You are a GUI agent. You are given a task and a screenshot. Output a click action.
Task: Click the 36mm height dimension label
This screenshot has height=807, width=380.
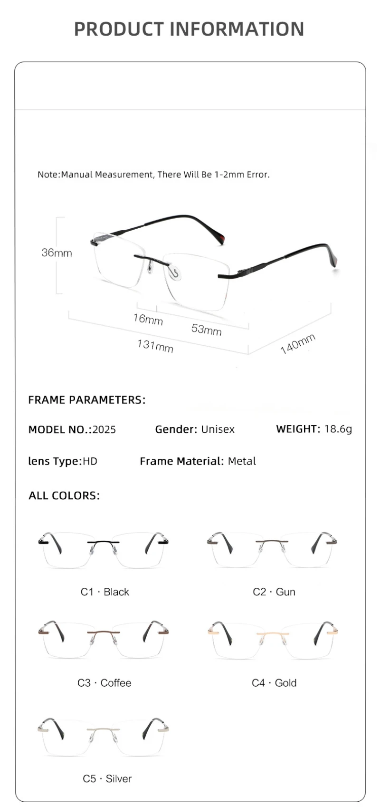click(57, 253)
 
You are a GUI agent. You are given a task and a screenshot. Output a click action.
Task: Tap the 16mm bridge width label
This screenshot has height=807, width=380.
click(148, 319)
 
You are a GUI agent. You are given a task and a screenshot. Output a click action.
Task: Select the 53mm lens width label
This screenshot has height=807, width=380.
click(206, 329)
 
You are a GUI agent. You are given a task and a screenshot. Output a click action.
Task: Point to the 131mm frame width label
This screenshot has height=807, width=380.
click(155, 346)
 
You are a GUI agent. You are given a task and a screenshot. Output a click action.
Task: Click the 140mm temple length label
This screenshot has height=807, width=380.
click(298, 344)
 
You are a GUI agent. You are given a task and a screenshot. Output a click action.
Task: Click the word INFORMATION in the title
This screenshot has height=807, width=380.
click(237, 29)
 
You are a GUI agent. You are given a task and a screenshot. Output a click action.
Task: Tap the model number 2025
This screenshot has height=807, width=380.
click(104, 429)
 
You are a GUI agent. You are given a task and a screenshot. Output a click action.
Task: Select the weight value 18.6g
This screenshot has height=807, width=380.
click(338, 429)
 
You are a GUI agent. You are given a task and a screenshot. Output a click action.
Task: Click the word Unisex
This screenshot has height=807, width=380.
click(218, 429)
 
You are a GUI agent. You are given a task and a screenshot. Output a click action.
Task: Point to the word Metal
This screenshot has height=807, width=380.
click(242, 461)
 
